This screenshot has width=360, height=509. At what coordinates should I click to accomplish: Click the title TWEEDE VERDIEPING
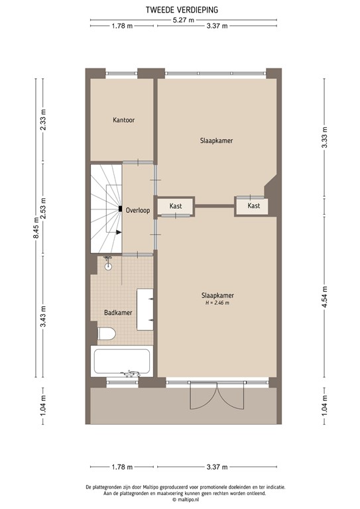click(x=181, y=9)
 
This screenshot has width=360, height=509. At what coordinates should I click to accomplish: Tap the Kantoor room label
click(x=124, y=120)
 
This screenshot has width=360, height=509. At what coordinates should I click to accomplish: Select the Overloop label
click(x=137, y=210)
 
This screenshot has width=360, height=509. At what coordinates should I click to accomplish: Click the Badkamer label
click(x=117, y=311)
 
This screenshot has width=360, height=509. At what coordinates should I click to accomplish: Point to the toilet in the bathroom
click(x=107, y=332)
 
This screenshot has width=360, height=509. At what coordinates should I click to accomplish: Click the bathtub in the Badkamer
click(x=123, y=362)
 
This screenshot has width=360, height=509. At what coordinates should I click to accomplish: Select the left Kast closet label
click(x=176, y=206)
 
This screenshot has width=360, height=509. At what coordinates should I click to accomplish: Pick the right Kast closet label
click(x=253, y=206)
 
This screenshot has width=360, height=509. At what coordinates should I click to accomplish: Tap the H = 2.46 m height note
click(x=217, y=303)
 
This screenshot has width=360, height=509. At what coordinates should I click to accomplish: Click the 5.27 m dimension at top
click(x=183, y=20)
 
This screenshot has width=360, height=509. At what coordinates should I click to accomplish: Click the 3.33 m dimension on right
click(x=324, y=140)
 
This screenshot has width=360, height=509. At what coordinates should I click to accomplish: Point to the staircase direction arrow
click(x=119, y=232)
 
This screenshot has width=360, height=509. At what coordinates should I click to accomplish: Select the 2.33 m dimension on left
click(x=44, y=123)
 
